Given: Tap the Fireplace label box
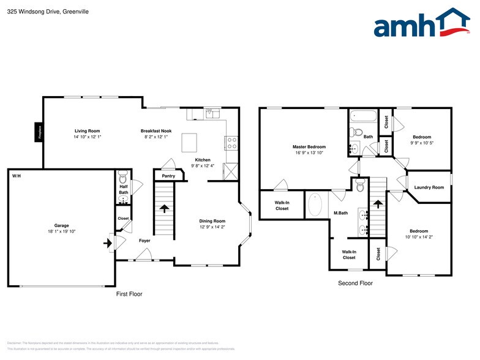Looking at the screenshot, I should [38, 131].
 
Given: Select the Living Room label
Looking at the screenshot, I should [87, 131].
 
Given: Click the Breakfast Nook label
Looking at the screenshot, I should [156, 131].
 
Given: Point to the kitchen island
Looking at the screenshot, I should [189, 143].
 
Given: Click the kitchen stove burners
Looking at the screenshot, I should [232, 143].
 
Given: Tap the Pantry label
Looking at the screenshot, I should [168, 176].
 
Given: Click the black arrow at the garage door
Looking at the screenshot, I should [108, 243].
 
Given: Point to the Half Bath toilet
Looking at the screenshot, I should [122, 179].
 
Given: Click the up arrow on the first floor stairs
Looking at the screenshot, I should [164, 208].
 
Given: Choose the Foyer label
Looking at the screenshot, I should [144, 241].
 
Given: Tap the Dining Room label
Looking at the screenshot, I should [212, 221].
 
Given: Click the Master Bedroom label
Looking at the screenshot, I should [309, 147].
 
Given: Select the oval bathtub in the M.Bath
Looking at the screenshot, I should [315, 204].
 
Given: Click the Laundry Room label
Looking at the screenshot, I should [429, 187].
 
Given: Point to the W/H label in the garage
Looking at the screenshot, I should [16, 176].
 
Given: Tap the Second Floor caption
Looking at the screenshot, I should [355, 283].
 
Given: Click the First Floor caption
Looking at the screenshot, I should [129, 294].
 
